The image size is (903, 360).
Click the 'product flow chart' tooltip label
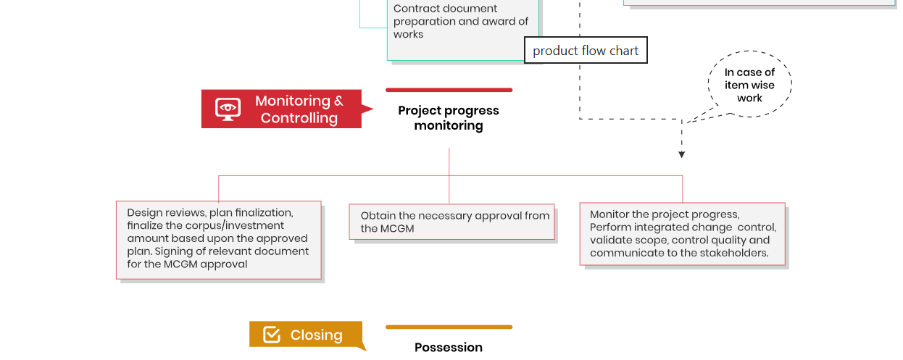click(x=586, y=51)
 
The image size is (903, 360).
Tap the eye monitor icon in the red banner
click(x=228, y=109)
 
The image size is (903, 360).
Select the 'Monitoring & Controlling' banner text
click(x=299, y=109)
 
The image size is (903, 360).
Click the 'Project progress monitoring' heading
click(x=449, y=118)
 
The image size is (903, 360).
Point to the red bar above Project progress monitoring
click(x=449, y=90)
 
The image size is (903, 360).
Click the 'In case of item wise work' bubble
click(x=749, y=85)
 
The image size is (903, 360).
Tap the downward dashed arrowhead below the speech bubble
click(x=681, y=154)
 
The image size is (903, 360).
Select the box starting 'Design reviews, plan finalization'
click(x=218, y=239)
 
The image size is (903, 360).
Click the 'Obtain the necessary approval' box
click(x=452, y=222)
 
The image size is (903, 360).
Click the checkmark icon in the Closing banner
click(x=272, y=335)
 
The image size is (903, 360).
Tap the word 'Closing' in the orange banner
click(x=316, y=335)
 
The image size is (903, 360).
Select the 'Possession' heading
click(x=449, y=348)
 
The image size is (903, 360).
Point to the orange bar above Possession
click(x=449, y=327)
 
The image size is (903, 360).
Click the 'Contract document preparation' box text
click(x=461, y=22)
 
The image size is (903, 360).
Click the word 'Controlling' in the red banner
click(x=299, y=118)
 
